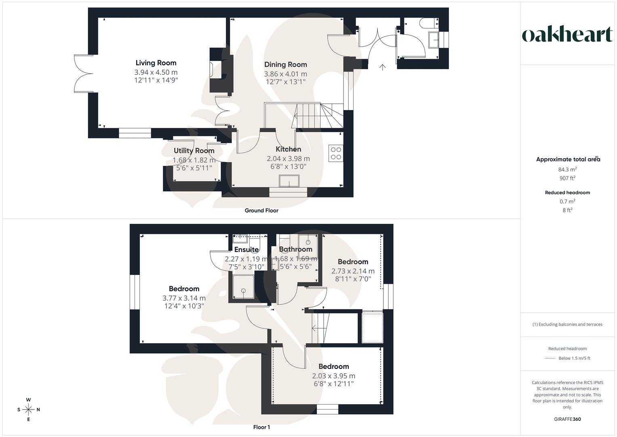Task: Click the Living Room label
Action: click(x=156, y=63)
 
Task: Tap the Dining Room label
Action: click(x=285, y=64)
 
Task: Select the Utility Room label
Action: click(x=194, y=151)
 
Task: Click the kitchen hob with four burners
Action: click(x=336, y=153)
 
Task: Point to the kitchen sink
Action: click(x=289, y=181)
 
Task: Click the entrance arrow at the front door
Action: click(x=382, y=67)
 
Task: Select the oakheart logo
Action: click(x=567, y=35)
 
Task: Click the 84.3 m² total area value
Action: click(x=567, y=170)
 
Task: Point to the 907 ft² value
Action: click(x=567, y=178)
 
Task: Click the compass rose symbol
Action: click(x=28, y=409)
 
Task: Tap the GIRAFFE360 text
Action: click(x=567, y=419)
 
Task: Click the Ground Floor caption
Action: click(x=261, y=210)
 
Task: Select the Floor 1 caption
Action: click(x=261, y=427)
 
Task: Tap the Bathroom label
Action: click(x=295, y=249)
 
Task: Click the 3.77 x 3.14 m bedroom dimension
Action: click(x=184, y=298)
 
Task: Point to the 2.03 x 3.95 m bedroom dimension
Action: click(x=333, y=376)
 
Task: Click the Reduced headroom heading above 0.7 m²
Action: click(x=567, y=193)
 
